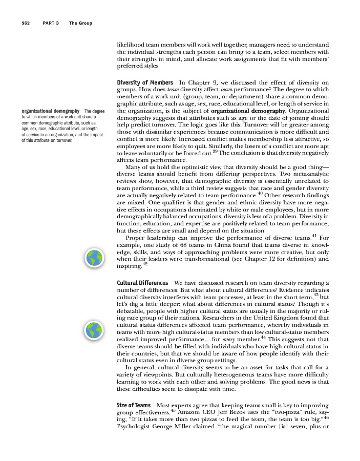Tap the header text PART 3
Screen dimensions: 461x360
click(x=51, y=23)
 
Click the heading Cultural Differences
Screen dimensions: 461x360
click(x=142, y=283)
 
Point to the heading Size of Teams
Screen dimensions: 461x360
click(x=134, y=405)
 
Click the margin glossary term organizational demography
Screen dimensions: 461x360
click(x=50, y=111)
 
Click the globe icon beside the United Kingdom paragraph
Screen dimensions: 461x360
click(x=95, y=331)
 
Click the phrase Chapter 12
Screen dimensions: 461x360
click(x=276, y=259)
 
